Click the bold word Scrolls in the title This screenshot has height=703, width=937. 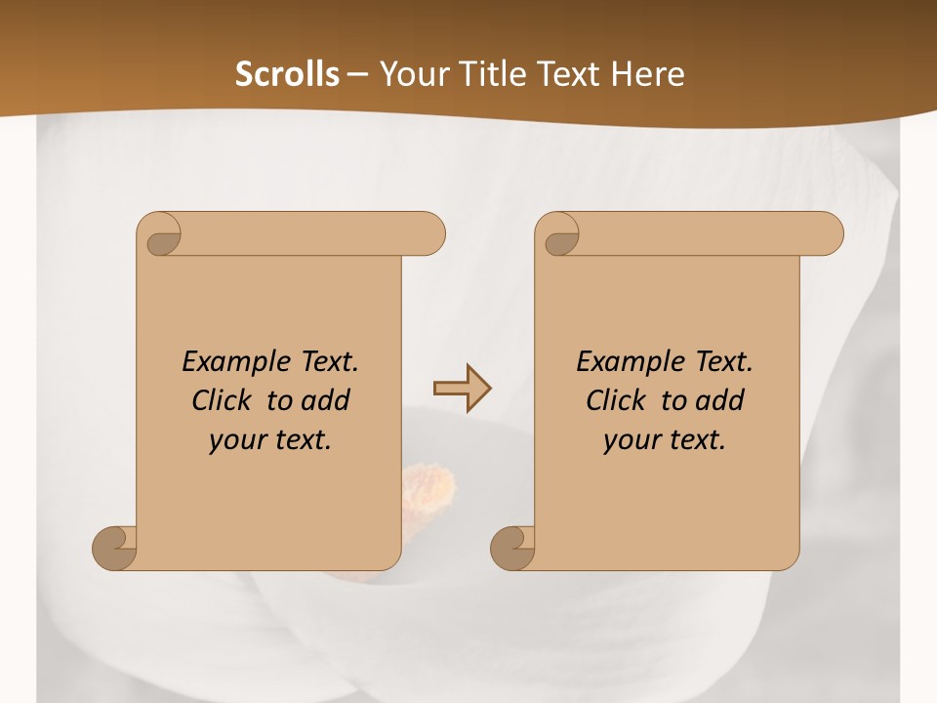tap(288, 73)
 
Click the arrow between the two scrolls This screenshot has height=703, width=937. tap(462, 390)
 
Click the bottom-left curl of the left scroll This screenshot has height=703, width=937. tap(115, 548)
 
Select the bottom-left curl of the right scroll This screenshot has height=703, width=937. tap(512, 548)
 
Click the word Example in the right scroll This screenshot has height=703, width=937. tap(620, 362)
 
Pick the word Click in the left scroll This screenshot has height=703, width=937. tap(221, 400)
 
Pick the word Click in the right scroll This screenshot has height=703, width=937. tap(615, 400)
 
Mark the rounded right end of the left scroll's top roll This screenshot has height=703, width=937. tap(430, 234)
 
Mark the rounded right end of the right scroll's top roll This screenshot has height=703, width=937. tap(829, 234)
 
